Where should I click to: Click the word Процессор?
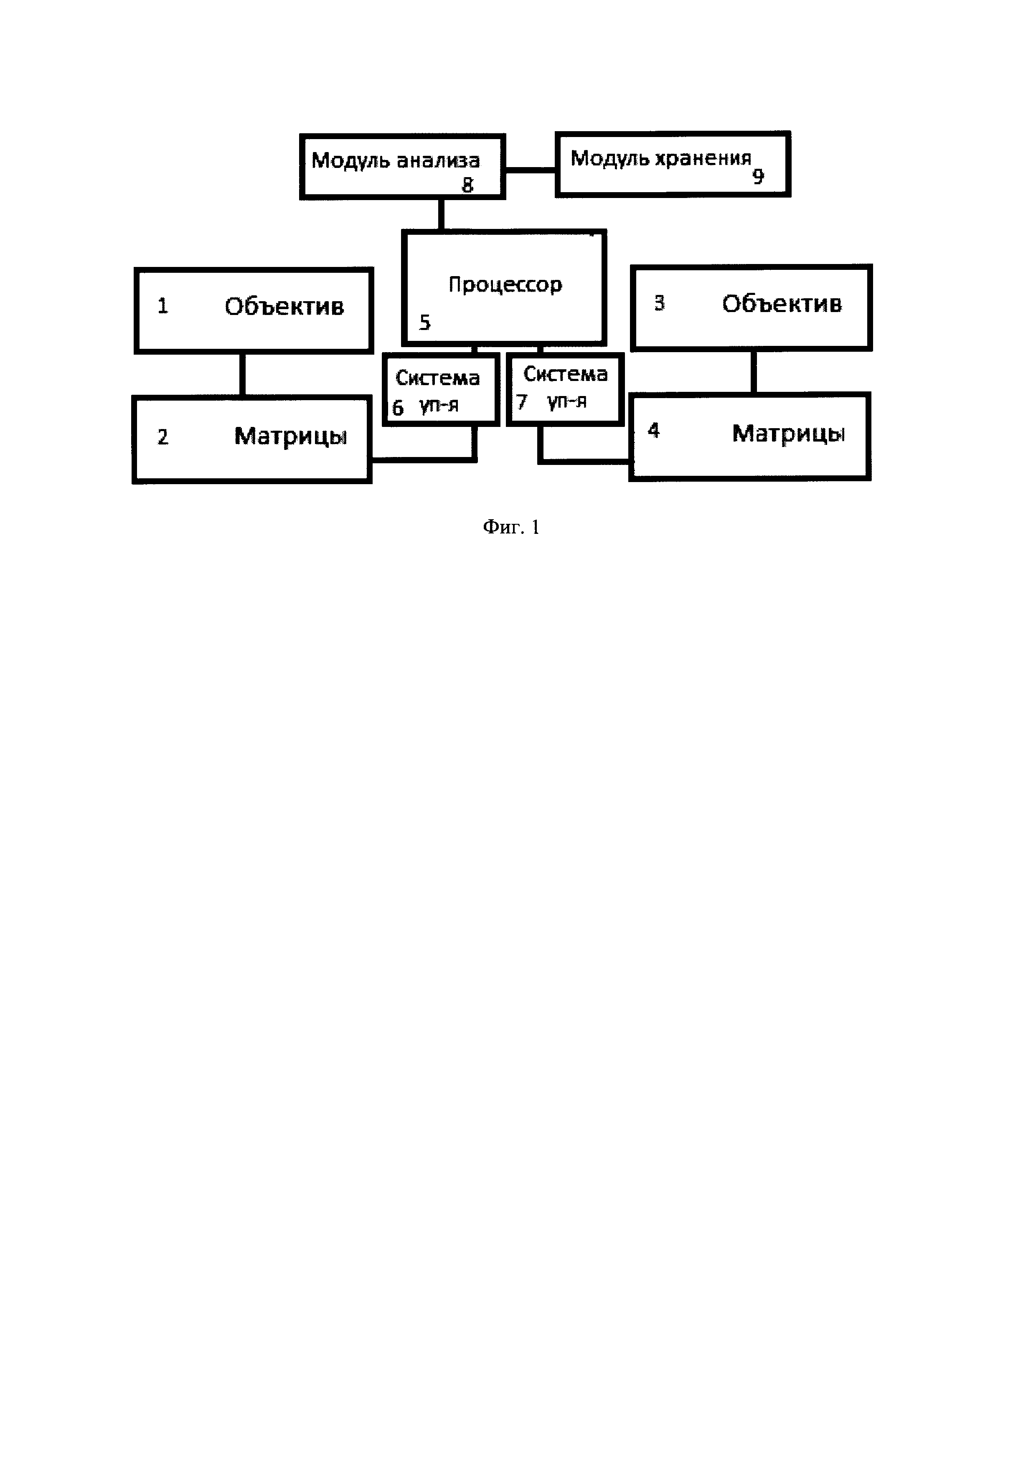(x=505, y=284)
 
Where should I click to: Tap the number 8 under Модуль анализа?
(x=467, y=185)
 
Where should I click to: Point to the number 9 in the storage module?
(x=758, y=176)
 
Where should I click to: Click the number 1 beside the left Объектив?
(x=163, y=306)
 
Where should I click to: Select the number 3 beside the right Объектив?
(x=660, y=303)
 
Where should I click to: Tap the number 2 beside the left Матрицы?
(x=163, y=437)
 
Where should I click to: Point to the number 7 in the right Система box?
(x=522, y=402)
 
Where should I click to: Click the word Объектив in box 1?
(x=284, y=307)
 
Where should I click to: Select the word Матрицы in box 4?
(x=788, y=434)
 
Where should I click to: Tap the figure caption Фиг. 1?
(x=511, y=527)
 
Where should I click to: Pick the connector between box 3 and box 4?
(x=753, y=371)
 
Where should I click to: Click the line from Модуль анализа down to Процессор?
(x=441, y=214)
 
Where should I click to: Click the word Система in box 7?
(x=565, y=374)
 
